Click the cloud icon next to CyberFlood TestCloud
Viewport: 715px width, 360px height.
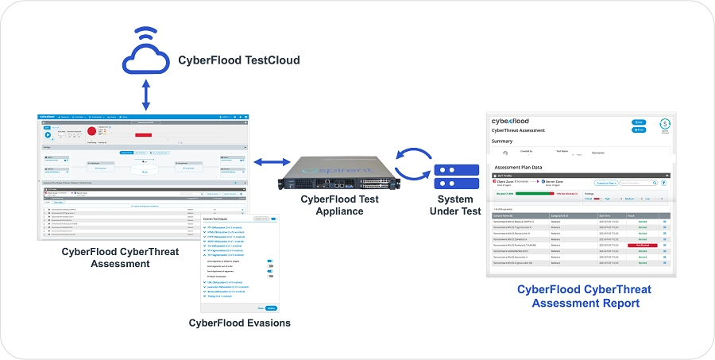point(145,56)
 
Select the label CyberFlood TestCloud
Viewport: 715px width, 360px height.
point(239,60)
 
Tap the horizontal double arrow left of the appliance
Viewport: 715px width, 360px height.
point(268,162)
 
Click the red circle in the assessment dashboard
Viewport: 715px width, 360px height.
point(91,130)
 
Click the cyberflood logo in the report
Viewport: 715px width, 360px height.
point(516,122)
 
